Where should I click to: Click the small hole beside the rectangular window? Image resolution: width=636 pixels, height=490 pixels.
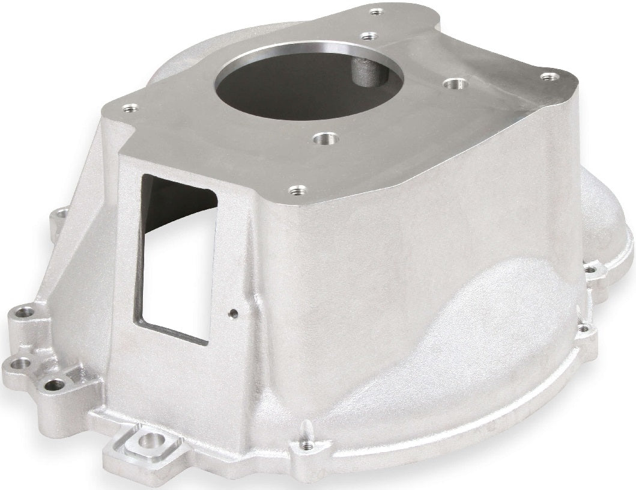234,313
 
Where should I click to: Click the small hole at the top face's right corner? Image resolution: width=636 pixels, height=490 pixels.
548,76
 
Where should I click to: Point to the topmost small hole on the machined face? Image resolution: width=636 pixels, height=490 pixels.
376,12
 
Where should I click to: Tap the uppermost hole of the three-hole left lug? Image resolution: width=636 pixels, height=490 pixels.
23,313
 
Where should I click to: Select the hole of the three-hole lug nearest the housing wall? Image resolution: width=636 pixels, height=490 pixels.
55,384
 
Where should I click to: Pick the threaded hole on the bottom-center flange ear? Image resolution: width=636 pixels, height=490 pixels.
306,446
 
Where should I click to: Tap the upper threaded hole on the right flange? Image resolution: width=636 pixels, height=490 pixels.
590,270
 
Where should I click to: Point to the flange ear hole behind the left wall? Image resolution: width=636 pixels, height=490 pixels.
60,214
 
